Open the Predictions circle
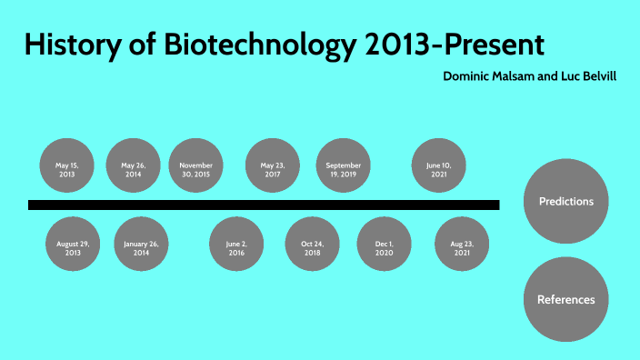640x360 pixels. click(x=565, y=202)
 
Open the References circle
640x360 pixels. click(x=565, y=299)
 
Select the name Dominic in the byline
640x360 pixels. click(x=467, y=76)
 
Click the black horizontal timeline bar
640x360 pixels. click(x=264, y=205)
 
